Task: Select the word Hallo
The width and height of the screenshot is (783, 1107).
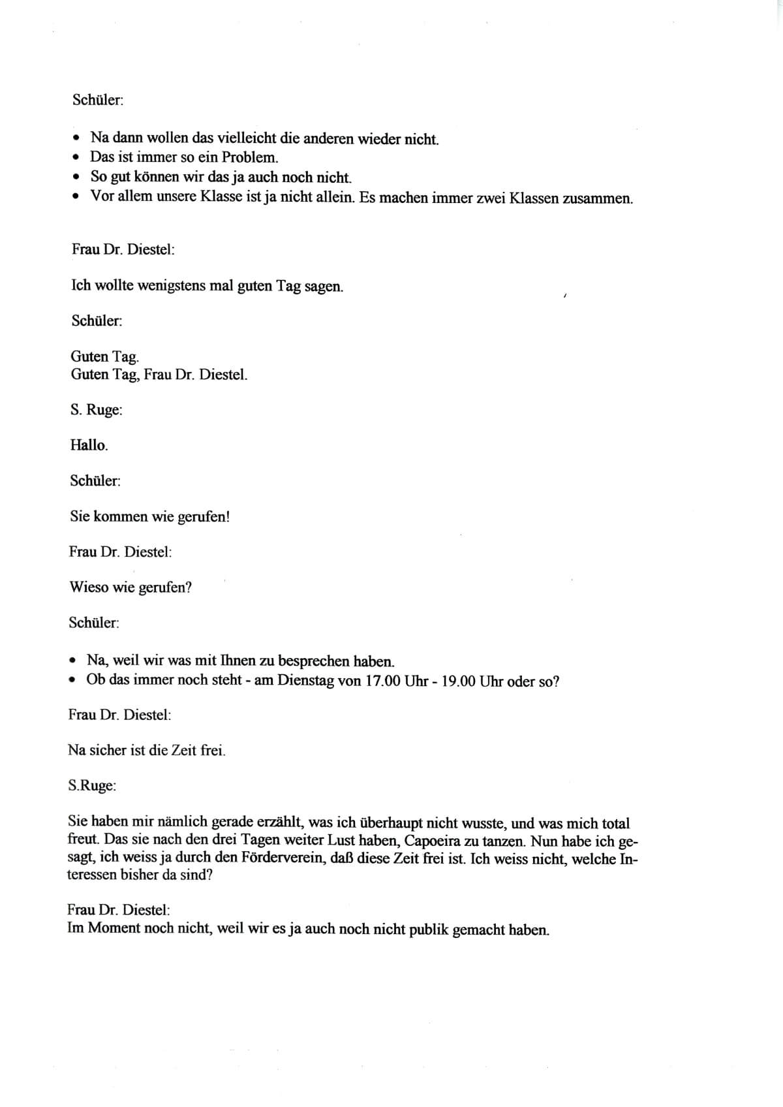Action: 89,445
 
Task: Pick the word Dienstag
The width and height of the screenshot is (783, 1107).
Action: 309,681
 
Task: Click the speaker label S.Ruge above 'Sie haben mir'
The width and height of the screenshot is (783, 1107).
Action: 92,786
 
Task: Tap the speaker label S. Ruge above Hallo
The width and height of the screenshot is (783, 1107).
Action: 96,410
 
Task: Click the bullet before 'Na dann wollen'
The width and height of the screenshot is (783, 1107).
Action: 78,138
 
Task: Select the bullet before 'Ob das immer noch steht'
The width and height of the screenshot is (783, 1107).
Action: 73,680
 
